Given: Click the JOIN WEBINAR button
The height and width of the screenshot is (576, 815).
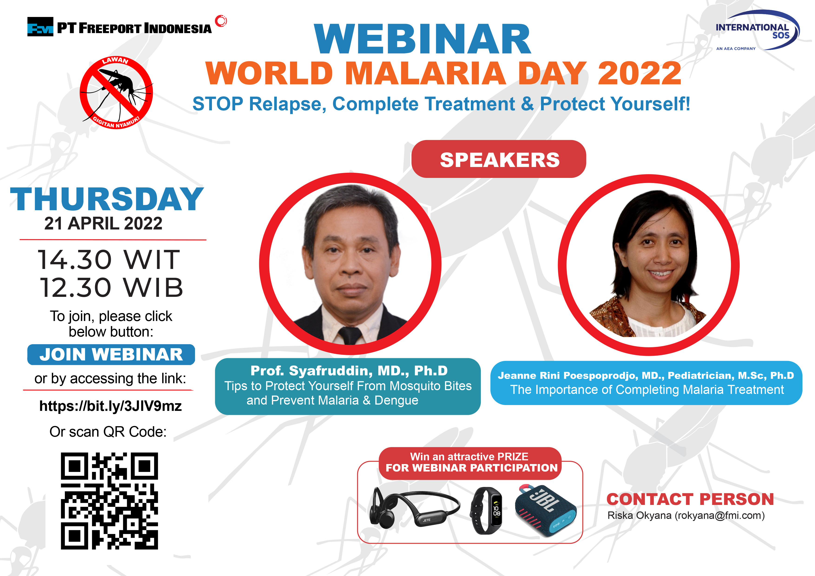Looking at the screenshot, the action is [111, 354].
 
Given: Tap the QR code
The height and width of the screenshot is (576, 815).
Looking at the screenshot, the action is [109, 501].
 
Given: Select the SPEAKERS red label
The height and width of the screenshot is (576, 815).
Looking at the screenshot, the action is [499, 159].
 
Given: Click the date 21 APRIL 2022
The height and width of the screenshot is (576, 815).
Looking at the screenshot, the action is [103, 223].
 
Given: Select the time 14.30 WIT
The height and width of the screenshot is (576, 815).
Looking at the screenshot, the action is [109, 259].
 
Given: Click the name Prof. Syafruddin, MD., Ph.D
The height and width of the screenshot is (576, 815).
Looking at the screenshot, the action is [349, 371].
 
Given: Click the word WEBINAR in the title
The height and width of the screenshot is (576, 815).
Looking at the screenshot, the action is [422, 39].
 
